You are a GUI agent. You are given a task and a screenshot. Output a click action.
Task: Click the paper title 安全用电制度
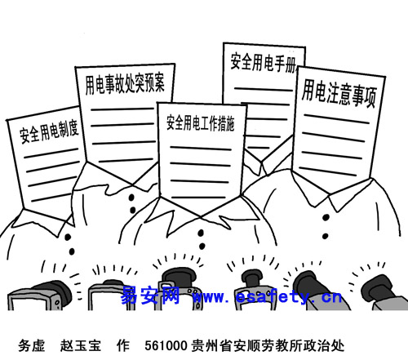coord(49,131)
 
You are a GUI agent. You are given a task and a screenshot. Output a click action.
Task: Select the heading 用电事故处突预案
coord(125,83)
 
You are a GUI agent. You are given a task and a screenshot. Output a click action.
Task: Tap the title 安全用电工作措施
coord(201,123)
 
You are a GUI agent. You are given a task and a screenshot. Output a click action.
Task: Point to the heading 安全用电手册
coord(264,63)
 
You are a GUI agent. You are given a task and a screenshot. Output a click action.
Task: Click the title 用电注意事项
coord(339,94)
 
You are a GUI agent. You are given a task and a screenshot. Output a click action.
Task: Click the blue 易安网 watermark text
coord(150,296)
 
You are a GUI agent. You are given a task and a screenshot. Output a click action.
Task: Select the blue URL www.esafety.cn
coord(268,296)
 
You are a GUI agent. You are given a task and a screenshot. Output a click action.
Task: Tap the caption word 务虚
coord(32,346)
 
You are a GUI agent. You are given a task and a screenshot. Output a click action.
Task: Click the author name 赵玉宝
coord(81,346)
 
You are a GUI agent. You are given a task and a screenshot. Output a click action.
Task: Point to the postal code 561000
coord(166,346)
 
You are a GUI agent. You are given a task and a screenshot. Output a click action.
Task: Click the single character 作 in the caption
coord(123,346)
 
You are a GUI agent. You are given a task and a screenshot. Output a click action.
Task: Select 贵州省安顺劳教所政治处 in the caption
coord(268,346)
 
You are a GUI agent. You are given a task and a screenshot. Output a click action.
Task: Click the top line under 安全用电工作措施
coord(201,149)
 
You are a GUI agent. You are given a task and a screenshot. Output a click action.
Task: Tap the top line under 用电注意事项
coord(336,119)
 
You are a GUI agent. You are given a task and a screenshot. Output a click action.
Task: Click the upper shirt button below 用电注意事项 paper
coord(326,217)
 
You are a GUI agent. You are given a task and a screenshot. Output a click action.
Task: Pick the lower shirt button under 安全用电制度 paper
coord(72,251)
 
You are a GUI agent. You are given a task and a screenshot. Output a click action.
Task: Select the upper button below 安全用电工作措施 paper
coord(201,233)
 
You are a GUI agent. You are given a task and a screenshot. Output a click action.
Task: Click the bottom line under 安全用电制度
coord(51,197)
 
